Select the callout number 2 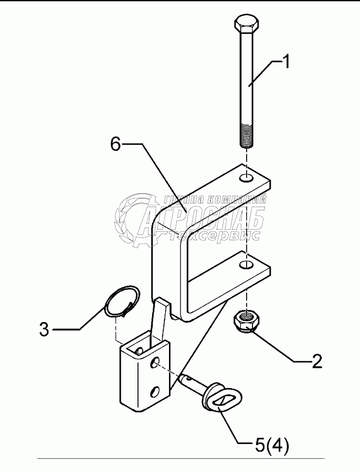316,362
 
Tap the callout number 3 44,330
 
